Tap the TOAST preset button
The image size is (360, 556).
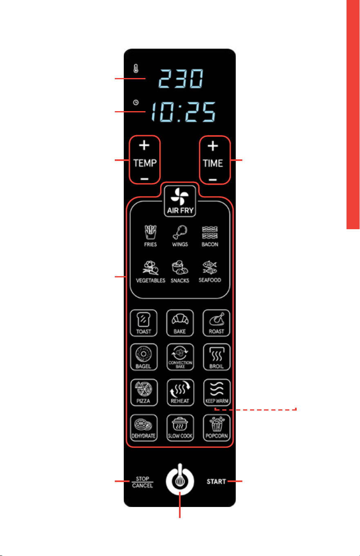tap(143, 323)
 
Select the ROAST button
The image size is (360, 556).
tap(216, 323)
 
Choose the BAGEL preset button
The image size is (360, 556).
tap(143, 357)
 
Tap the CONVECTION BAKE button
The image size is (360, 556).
tap(180, 357)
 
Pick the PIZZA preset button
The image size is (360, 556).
tap(144, 393)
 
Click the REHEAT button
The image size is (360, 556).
tap(180, 393)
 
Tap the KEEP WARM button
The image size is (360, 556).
tap(217, 393)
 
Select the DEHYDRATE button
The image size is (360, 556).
tap(144, 428)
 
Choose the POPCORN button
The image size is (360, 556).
tap(217, 428)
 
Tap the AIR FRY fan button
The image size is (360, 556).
tap(180, 201)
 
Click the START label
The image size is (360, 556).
tap(216, 482)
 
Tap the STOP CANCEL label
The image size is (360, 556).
tap(142, 482)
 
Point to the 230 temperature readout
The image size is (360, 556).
tap(181, 78)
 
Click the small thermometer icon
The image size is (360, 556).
tap(136, 69)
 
